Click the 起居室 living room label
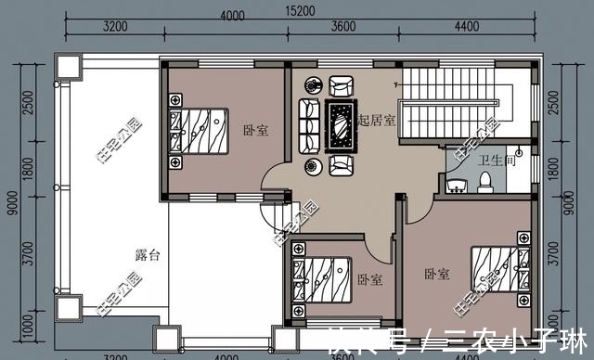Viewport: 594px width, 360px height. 376,121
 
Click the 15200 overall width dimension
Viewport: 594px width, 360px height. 298,10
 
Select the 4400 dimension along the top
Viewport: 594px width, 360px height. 466,26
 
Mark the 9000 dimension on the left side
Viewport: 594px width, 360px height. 11,199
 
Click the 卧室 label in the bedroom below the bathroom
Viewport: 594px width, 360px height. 437,275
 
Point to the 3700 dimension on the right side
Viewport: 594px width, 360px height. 556,251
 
